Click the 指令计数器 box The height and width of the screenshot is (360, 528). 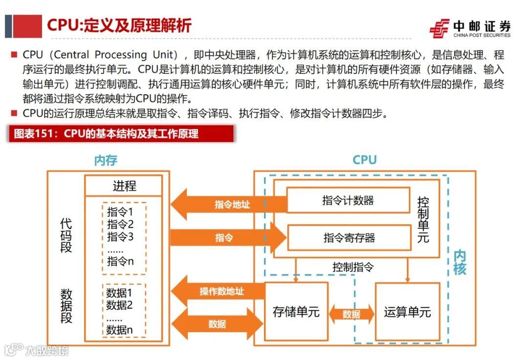tap(348, 200)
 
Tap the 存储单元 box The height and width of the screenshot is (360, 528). tap(296, 312)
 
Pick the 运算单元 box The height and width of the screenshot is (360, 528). tap(407, 312)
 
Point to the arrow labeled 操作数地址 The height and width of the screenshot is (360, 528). tap(220, 292)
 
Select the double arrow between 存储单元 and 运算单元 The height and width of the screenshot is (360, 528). tap(351, 315)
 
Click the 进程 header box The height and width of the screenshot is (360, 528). tap(123, 186)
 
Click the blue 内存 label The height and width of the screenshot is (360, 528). tap(106, 160)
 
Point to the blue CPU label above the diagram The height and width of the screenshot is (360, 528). tap(365, 160)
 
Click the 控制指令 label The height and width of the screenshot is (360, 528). tap(353, 267)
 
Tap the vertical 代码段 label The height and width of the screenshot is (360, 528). tap(66, 235)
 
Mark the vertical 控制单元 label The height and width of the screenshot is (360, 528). tap(423, 220)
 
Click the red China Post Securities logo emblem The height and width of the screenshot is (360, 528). tap(439, 28)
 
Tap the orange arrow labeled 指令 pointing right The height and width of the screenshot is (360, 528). tap(225, 238)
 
